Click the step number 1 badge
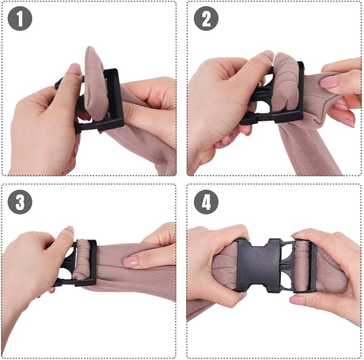click(x=20, y=18)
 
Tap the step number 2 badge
click(x=206, y=18)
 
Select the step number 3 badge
click(x=20, y=202)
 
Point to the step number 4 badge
click(x=206, y=202)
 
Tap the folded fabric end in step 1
click(x=95, y=84)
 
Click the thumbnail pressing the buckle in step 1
click(x=74, y=69)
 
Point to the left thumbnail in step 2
click(x=268, y=55)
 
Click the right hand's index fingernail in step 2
click(x=328, y=82)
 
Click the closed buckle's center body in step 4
click(x=258, y=265)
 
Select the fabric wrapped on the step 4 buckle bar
click(x=301, y=265)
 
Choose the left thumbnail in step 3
click(x=69, y=230)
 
